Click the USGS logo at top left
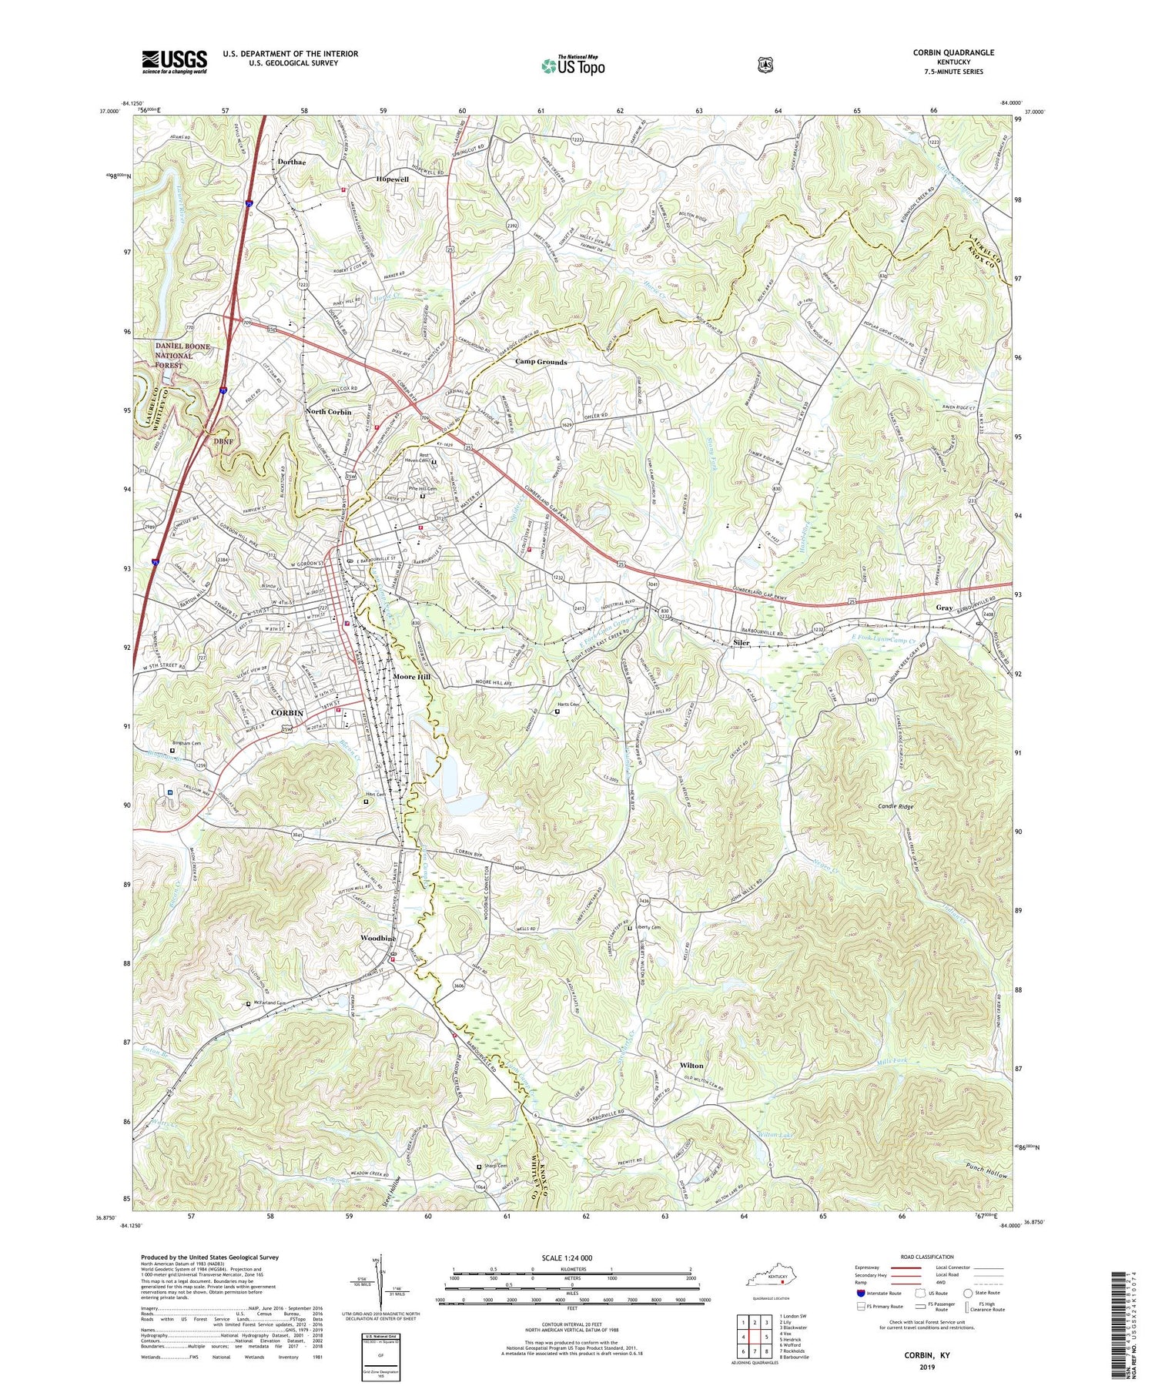(x=174, y=62)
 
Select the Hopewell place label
(x=393, y=179)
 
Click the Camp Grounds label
(x=541, y=362)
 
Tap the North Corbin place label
(x=328, y=412)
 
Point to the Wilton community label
(x=691, y=1066)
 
